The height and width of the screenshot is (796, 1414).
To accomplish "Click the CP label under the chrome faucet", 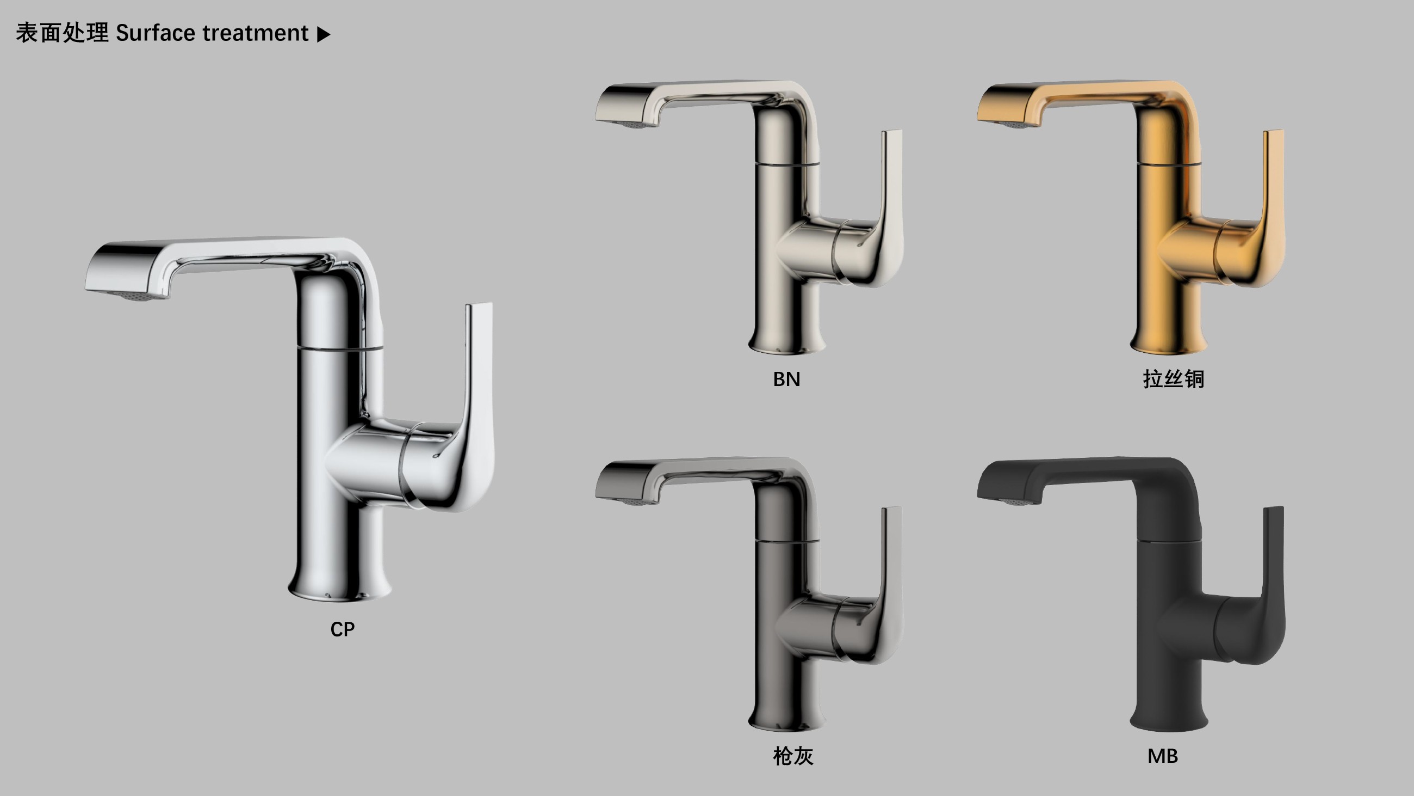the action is (343, 629).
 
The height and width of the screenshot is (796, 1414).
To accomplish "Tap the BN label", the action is (786, 379).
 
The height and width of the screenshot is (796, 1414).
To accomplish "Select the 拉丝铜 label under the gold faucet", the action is (1174, 379).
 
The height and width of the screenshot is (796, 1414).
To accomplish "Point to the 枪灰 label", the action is (793, 756).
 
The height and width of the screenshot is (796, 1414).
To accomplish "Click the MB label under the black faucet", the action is (1163, 756).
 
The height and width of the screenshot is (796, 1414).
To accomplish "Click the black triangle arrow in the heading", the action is (324, 35).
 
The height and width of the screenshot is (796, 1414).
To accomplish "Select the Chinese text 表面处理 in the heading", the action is (62, 33).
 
